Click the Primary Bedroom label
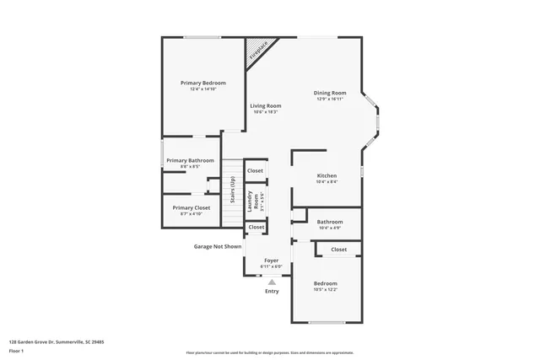click(203, 83)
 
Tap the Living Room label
click(265, 105)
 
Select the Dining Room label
click(330, 93)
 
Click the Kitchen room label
click(327, 176)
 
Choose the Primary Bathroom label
click(190, 160)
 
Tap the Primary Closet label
click(190, 207)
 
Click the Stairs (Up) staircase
click(231, 191)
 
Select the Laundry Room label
click(255, 200)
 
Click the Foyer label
click(271, 261)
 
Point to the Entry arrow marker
click(272, 282)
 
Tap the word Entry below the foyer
click(272, 291)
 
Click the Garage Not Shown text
click(218, 246)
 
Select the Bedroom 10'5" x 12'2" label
click(325, 283)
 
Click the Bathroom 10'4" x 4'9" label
click(329, 222)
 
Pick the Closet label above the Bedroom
click(338, 250)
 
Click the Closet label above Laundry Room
click(256, 170)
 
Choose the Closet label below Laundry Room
click(256, 227)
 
